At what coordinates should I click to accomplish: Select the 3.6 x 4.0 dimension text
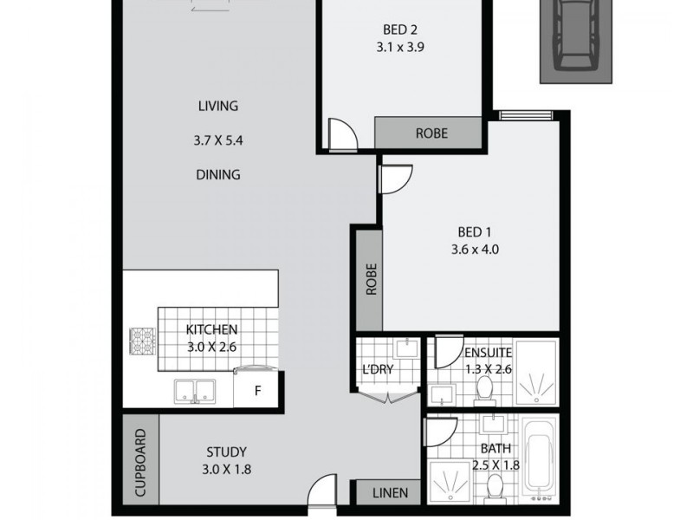click(476, 250)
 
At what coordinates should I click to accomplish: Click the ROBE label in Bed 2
click(431, 133)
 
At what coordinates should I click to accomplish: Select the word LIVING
click(217, 107)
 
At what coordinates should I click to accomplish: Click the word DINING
click(217, 174)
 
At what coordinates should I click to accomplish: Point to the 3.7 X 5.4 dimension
click(217, 140)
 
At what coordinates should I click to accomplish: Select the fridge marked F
click(257, 389)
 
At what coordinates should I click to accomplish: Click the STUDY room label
click(226, 452)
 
